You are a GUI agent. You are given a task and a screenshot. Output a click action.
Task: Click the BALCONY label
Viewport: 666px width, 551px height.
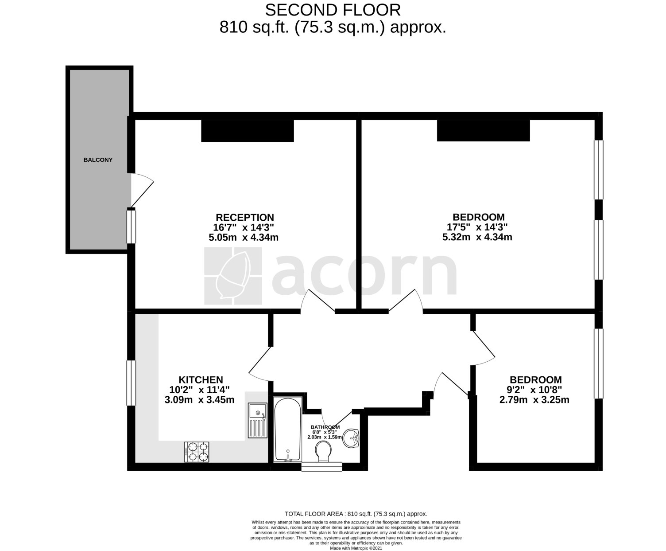[x=98, y=160]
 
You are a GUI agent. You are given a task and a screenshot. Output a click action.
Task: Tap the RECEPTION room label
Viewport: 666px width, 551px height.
[x=244, y=217]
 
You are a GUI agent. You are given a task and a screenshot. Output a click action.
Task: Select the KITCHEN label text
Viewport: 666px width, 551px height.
[x=201, y=380]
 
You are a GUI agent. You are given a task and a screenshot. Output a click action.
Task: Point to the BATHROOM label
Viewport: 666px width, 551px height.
[x=325, y=427]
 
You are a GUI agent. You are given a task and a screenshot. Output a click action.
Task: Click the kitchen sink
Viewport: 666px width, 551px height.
[x=257, y=420]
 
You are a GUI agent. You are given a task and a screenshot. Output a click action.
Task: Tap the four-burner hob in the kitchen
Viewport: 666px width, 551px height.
[x=197, y=452]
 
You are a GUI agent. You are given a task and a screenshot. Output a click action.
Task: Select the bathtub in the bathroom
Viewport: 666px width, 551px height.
[x=288, y=430]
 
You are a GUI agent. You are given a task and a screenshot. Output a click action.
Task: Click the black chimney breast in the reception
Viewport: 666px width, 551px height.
[x=247, y=131]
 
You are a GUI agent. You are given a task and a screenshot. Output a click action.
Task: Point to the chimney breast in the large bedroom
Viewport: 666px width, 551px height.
[x=483, y=131]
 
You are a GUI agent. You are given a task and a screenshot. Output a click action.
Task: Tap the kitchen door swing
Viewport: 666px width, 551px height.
[x=259, y=364]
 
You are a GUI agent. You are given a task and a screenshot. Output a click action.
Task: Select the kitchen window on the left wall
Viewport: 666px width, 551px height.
[x=131, y=383]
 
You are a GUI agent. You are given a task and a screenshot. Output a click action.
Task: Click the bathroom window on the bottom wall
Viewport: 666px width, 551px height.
[x=321, y=467]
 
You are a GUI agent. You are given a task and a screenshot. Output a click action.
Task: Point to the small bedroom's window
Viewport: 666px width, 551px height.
[x=598, y=363]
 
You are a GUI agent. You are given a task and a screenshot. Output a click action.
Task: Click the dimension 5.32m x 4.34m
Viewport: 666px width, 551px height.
[x=477, y=237]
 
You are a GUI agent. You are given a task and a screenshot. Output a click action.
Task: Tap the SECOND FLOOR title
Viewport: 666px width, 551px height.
[x=333, y=10]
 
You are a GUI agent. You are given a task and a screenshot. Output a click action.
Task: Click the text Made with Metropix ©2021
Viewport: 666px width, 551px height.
[x=356, y=548]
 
